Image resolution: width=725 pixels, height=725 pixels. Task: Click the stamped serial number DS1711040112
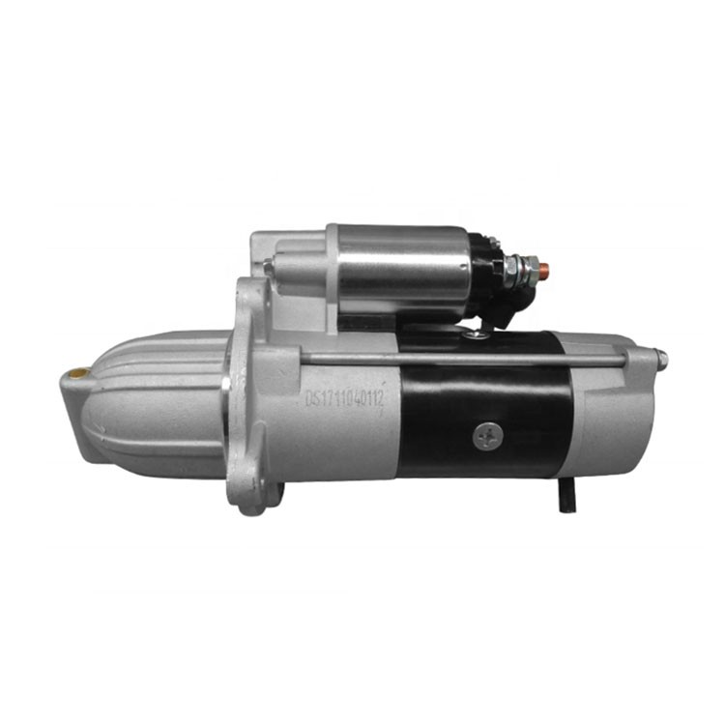point(345,398)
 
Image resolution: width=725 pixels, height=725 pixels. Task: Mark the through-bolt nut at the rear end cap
point(661,360)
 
